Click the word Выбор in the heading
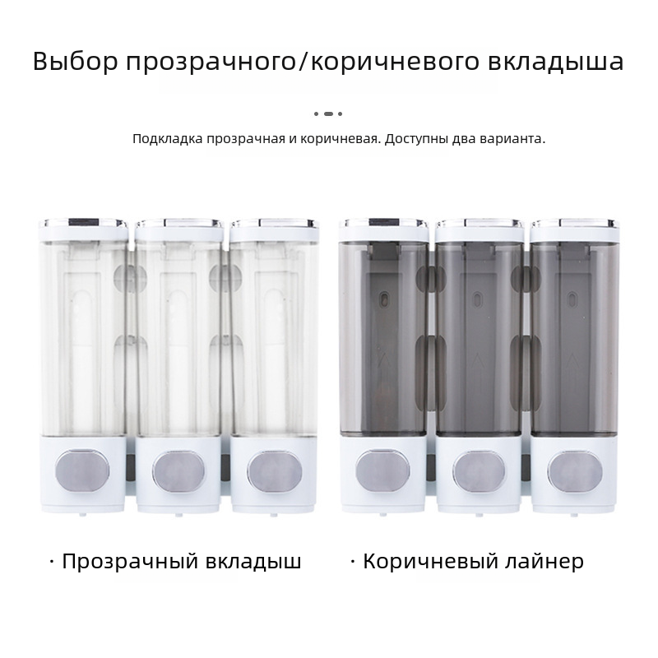75,61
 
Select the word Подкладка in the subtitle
168,139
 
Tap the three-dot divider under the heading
328,114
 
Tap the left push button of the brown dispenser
382,470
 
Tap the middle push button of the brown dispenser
479,471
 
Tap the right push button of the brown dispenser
575,471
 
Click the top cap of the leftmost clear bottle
83,229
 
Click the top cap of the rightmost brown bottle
575,230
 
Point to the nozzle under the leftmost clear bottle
83,514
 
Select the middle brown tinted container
480,339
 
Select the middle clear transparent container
178,339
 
